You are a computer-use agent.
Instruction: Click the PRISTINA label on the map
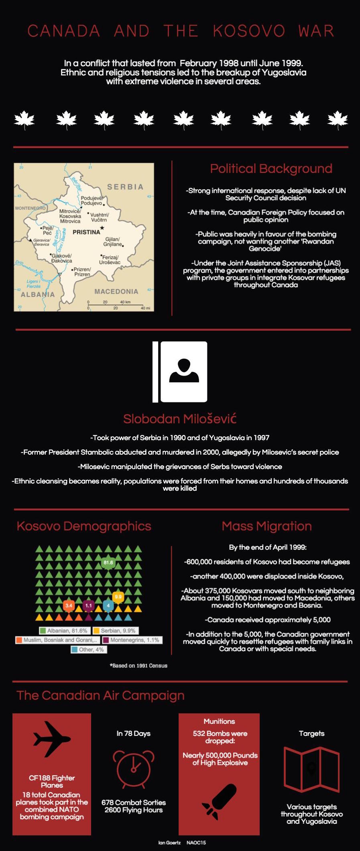tap(86, 232)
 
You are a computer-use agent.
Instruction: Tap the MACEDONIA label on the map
tap(116, 291)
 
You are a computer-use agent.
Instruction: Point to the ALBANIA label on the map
tap(38, 294)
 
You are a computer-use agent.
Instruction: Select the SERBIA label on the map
tap(125, 187)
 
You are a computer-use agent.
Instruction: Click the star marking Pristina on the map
tap(102, 228)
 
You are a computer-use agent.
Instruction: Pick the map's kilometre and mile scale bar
tap(118, 306)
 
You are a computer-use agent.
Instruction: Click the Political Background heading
tap(271, 169)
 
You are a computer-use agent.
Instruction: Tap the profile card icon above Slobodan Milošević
tap(180, 372)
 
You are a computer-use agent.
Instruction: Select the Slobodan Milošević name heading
tap(180, 419)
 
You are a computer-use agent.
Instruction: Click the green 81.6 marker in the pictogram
tap(108, 563)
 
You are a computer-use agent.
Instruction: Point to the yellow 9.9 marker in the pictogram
tap(118, 597)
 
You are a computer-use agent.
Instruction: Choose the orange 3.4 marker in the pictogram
tap(69, 605)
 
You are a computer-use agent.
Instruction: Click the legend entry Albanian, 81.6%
tap(64, 631)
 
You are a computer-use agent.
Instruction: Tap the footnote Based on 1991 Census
tap(138, 666)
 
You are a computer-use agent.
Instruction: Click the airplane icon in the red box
tap(52, 739)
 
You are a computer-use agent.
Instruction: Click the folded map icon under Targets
tap(311, 769)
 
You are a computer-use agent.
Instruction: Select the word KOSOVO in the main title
tap(249, 31)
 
